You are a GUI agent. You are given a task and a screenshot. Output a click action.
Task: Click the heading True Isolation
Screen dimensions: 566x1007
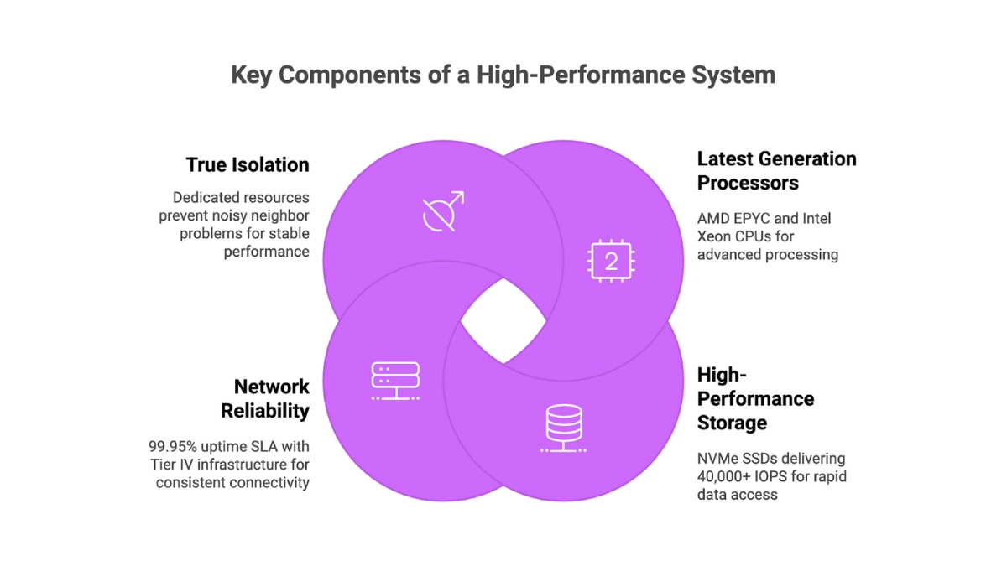[x=247, y=165]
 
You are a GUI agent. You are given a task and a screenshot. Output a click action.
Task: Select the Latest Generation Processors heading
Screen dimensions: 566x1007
[x=776, y=170]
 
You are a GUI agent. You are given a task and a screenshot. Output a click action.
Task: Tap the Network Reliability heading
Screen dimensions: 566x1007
[x=265, y=398]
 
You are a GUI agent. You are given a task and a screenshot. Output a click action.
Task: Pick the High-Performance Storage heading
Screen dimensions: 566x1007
[x=755, y=398]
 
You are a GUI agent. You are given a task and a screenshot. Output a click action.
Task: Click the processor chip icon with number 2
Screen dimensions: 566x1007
[x=610, y=261]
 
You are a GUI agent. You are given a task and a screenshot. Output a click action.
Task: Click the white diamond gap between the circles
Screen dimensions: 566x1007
[x=503, y=321]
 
